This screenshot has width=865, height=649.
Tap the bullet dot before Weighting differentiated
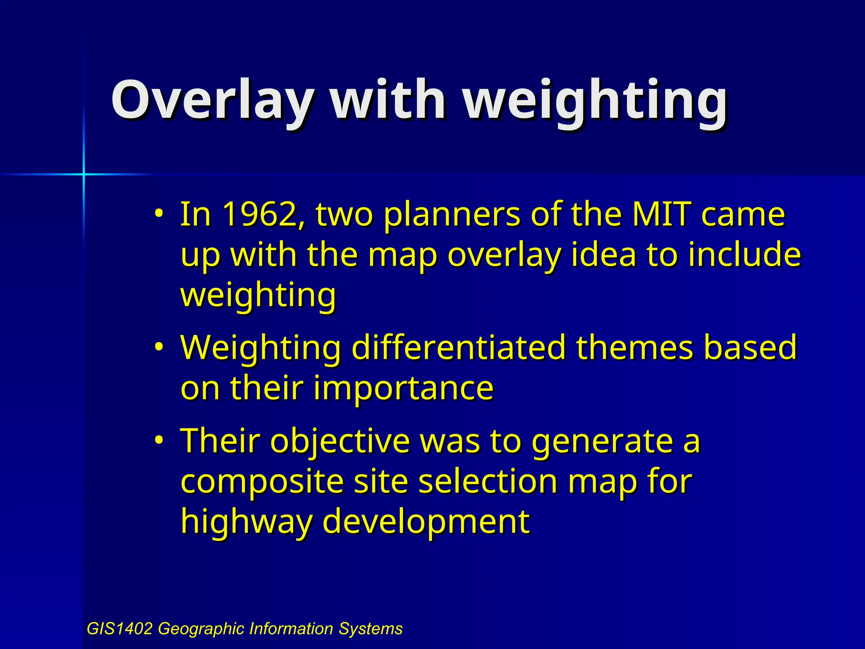tap(158, 347)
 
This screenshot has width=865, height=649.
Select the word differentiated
tap(458, 347)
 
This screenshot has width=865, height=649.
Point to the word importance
tap(403, 388)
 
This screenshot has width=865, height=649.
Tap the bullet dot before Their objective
tap(158, 440)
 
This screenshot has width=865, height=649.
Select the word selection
tap(488, 482)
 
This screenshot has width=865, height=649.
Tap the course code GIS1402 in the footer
tap(120, 629)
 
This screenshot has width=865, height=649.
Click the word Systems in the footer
tap(370, 629)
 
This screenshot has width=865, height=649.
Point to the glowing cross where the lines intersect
tap(84, 174)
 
